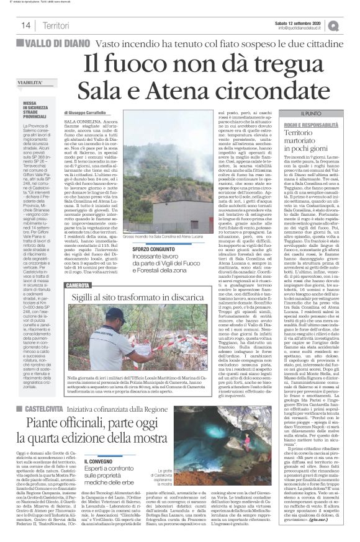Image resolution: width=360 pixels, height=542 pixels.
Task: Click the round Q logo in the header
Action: point(351,25)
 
